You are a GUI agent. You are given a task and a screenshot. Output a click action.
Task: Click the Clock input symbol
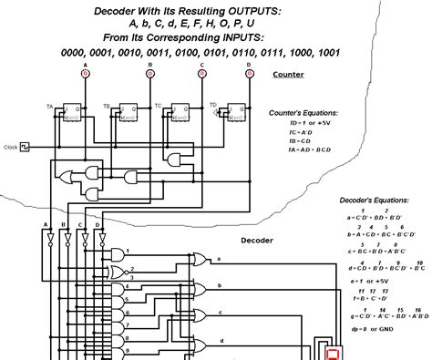coord(26,146)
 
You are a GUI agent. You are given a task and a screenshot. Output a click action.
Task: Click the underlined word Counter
coord(289,75)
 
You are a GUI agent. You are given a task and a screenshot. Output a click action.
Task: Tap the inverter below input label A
coord(46,239)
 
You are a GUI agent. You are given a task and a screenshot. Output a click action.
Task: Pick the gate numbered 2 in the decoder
coord(117,272)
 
